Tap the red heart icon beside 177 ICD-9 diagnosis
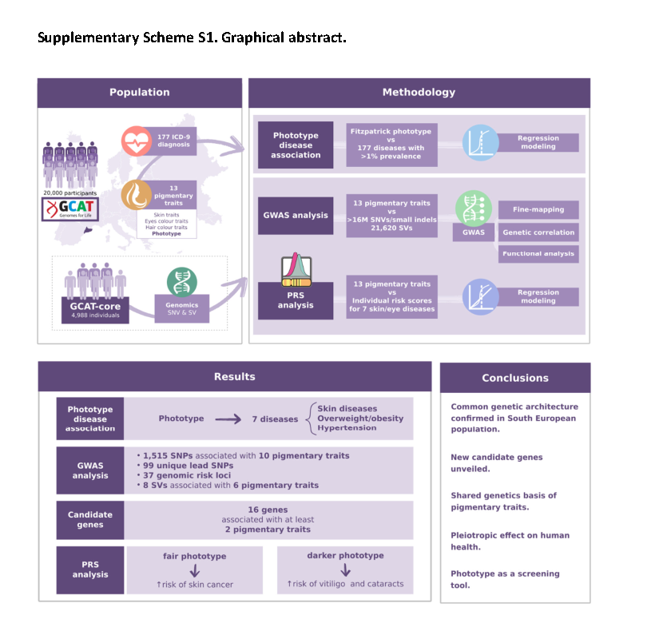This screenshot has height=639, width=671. [136, 141]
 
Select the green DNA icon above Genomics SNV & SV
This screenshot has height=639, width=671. [181, 282]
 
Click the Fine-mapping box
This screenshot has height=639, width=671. [538, 209]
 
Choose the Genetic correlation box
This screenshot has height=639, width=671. [538, 232]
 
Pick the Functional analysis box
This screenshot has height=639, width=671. [538, 254]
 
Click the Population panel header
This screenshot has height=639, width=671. [140, 93]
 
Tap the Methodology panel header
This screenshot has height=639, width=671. [419, 93]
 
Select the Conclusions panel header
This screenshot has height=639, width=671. [515, 378]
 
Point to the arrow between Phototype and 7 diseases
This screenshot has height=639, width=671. [228, 419]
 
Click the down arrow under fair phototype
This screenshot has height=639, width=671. [194, 570]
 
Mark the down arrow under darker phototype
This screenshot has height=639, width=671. [345, 570]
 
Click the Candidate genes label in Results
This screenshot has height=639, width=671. [90, 520]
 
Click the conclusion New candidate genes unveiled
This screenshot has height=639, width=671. [496, 463]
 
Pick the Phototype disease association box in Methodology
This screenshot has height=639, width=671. [296, 145]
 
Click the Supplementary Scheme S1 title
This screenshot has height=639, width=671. [192, 38]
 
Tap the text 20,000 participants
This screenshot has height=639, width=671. [70, 192]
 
